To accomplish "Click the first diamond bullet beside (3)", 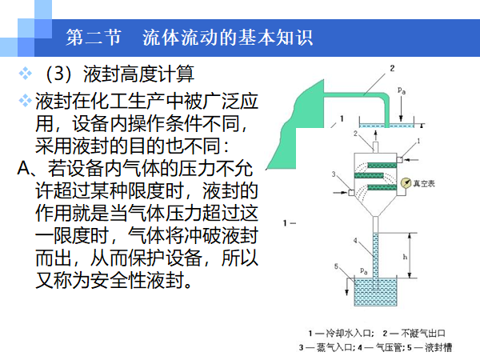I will (x=25, y=76).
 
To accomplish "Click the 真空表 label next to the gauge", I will (x=424, y=183).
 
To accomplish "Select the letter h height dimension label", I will (x=406, y=257).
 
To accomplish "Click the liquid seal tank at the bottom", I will (x=374, y=293).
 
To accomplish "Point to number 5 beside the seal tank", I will (x=337, y=267).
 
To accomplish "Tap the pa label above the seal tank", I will (x=366, y=272).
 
